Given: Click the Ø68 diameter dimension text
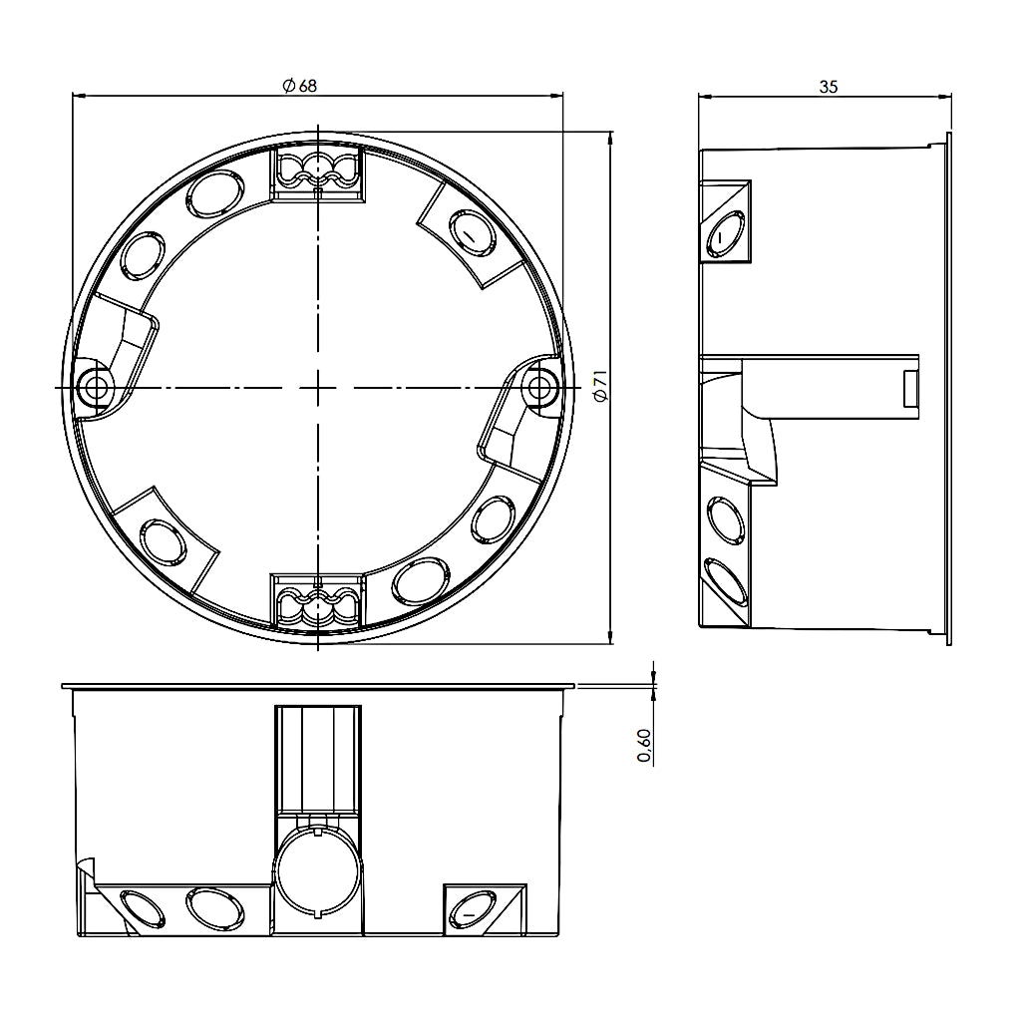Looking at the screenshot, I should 299,87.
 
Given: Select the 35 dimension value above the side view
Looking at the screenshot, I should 828,87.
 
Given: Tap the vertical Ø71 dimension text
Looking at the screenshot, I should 599,386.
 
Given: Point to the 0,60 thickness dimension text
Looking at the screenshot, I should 645,746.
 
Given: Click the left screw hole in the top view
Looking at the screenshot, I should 97,386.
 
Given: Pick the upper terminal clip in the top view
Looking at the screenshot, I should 317,171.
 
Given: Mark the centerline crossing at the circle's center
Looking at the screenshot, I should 317,386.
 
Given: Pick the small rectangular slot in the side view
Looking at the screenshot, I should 910,388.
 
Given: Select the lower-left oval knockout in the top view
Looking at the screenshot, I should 163,540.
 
